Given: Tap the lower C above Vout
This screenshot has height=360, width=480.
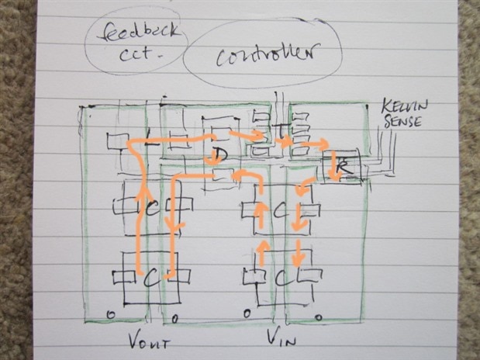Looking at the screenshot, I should coord(150,277).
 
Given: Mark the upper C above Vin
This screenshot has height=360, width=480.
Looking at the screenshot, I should coord(280,209).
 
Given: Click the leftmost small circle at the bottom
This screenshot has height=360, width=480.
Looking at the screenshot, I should coord(111,313).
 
